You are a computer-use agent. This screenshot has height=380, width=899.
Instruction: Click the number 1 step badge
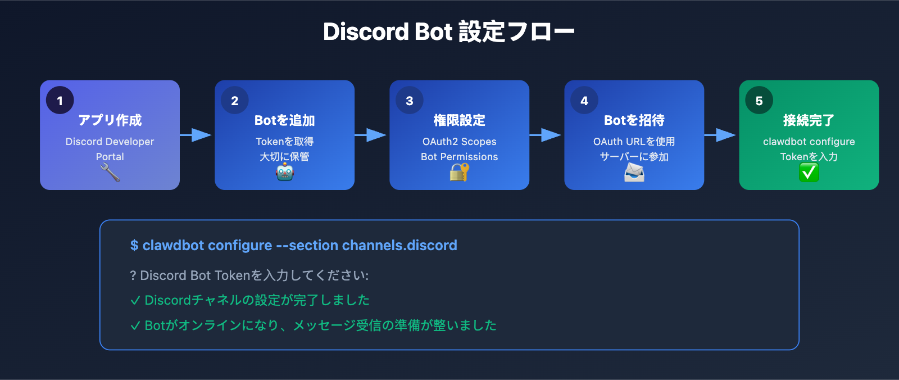coord(60,101)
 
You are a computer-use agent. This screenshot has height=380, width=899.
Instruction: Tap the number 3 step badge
coord(410,101)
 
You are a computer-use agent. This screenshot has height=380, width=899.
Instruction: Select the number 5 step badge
coord(759,101)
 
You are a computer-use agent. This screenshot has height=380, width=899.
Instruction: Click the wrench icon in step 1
coord(110,173)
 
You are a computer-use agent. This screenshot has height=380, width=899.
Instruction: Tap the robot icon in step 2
coord(285,172)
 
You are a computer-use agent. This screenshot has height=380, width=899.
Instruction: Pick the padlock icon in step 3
coord(459,172)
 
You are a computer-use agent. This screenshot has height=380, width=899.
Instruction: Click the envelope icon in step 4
coord(634,172)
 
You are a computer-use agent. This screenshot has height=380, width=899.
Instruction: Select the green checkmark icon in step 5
coord(809,172)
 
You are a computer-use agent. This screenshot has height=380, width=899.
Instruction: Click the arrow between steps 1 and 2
coord(197,135)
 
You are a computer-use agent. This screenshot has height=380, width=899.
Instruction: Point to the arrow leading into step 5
coord(721,135)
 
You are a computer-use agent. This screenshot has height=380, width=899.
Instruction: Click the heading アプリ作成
coord(110,120)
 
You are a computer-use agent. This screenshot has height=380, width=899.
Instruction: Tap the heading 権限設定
coord(459,120)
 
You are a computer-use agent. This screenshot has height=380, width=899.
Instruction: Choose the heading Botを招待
coord(634,120)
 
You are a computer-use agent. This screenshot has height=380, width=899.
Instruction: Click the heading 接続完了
coord(809,120)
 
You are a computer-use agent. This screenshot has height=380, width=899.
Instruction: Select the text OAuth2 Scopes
coord(459,142)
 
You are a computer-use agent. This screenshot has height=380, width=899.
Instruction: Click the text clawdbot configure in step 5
coord(809,142)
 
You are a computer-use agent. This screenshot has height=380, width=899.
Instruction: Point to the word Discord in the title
coord(365,32)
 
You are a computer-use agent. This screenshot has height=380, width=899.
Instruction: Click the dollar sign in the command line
coord(134,246)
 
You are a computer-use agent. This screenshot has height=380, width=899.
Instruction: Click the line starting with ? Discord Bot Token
coord(249,275)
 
